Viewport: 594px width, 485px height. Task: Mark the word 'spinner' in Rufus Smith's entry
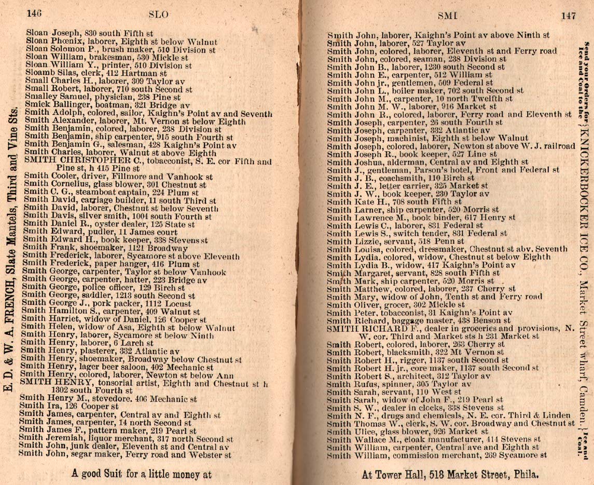point(383,384)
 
